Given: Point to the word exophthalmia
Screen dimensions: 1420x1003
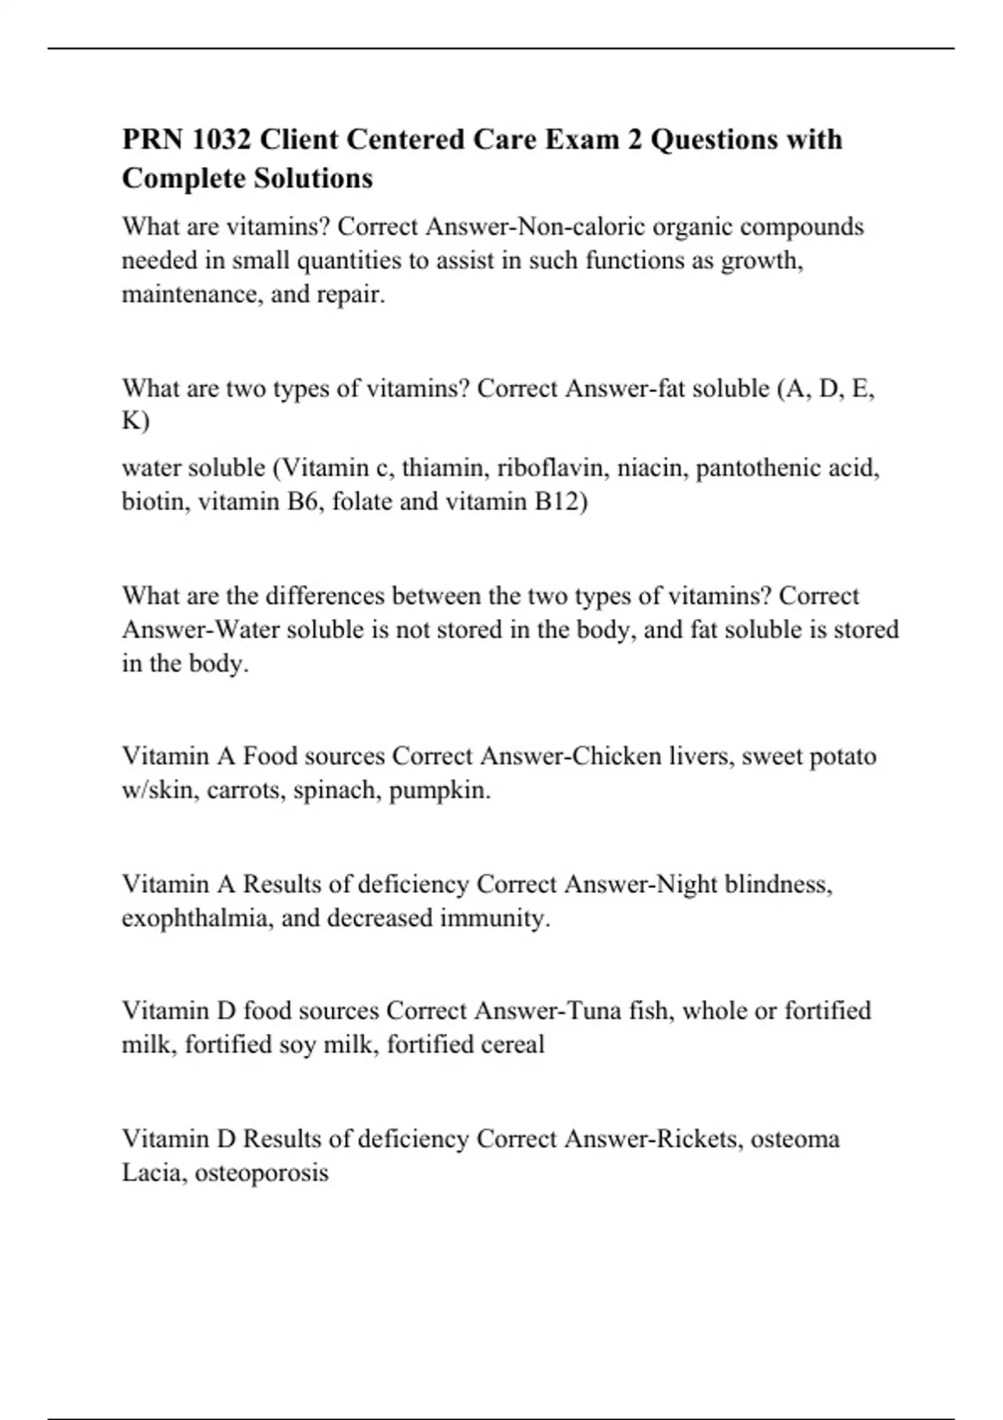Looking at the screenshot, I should pyautogui.click(x=197, y=918).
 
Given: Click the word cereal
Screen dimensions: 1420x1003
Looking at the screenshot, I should pyautogui.click(x=512, y=1044).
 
